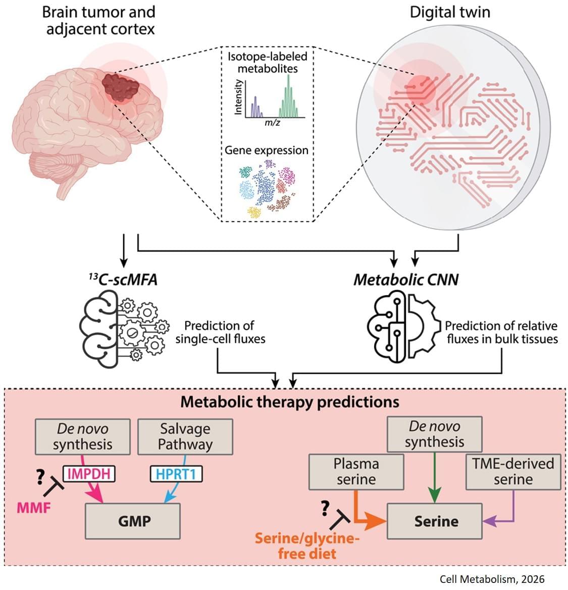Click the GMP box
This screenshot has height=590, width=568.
point(133,521)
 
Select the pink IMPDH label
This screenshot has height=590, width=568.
point(89,474)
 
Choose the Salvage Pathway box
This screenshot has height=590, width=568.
point(185,436)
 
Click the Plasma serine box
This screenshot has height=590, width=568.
point(356,471)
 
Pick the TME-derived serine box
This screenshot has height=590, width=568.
point(513,471)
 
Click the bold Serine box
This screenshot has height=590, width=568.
point(436,521)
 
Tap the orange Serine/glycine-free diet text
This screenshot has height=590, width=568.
point(307,546)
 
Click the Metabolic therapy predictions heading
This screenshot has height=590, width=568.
point(290,401)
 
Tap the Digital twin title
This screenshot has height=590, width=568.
point(450,12)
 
